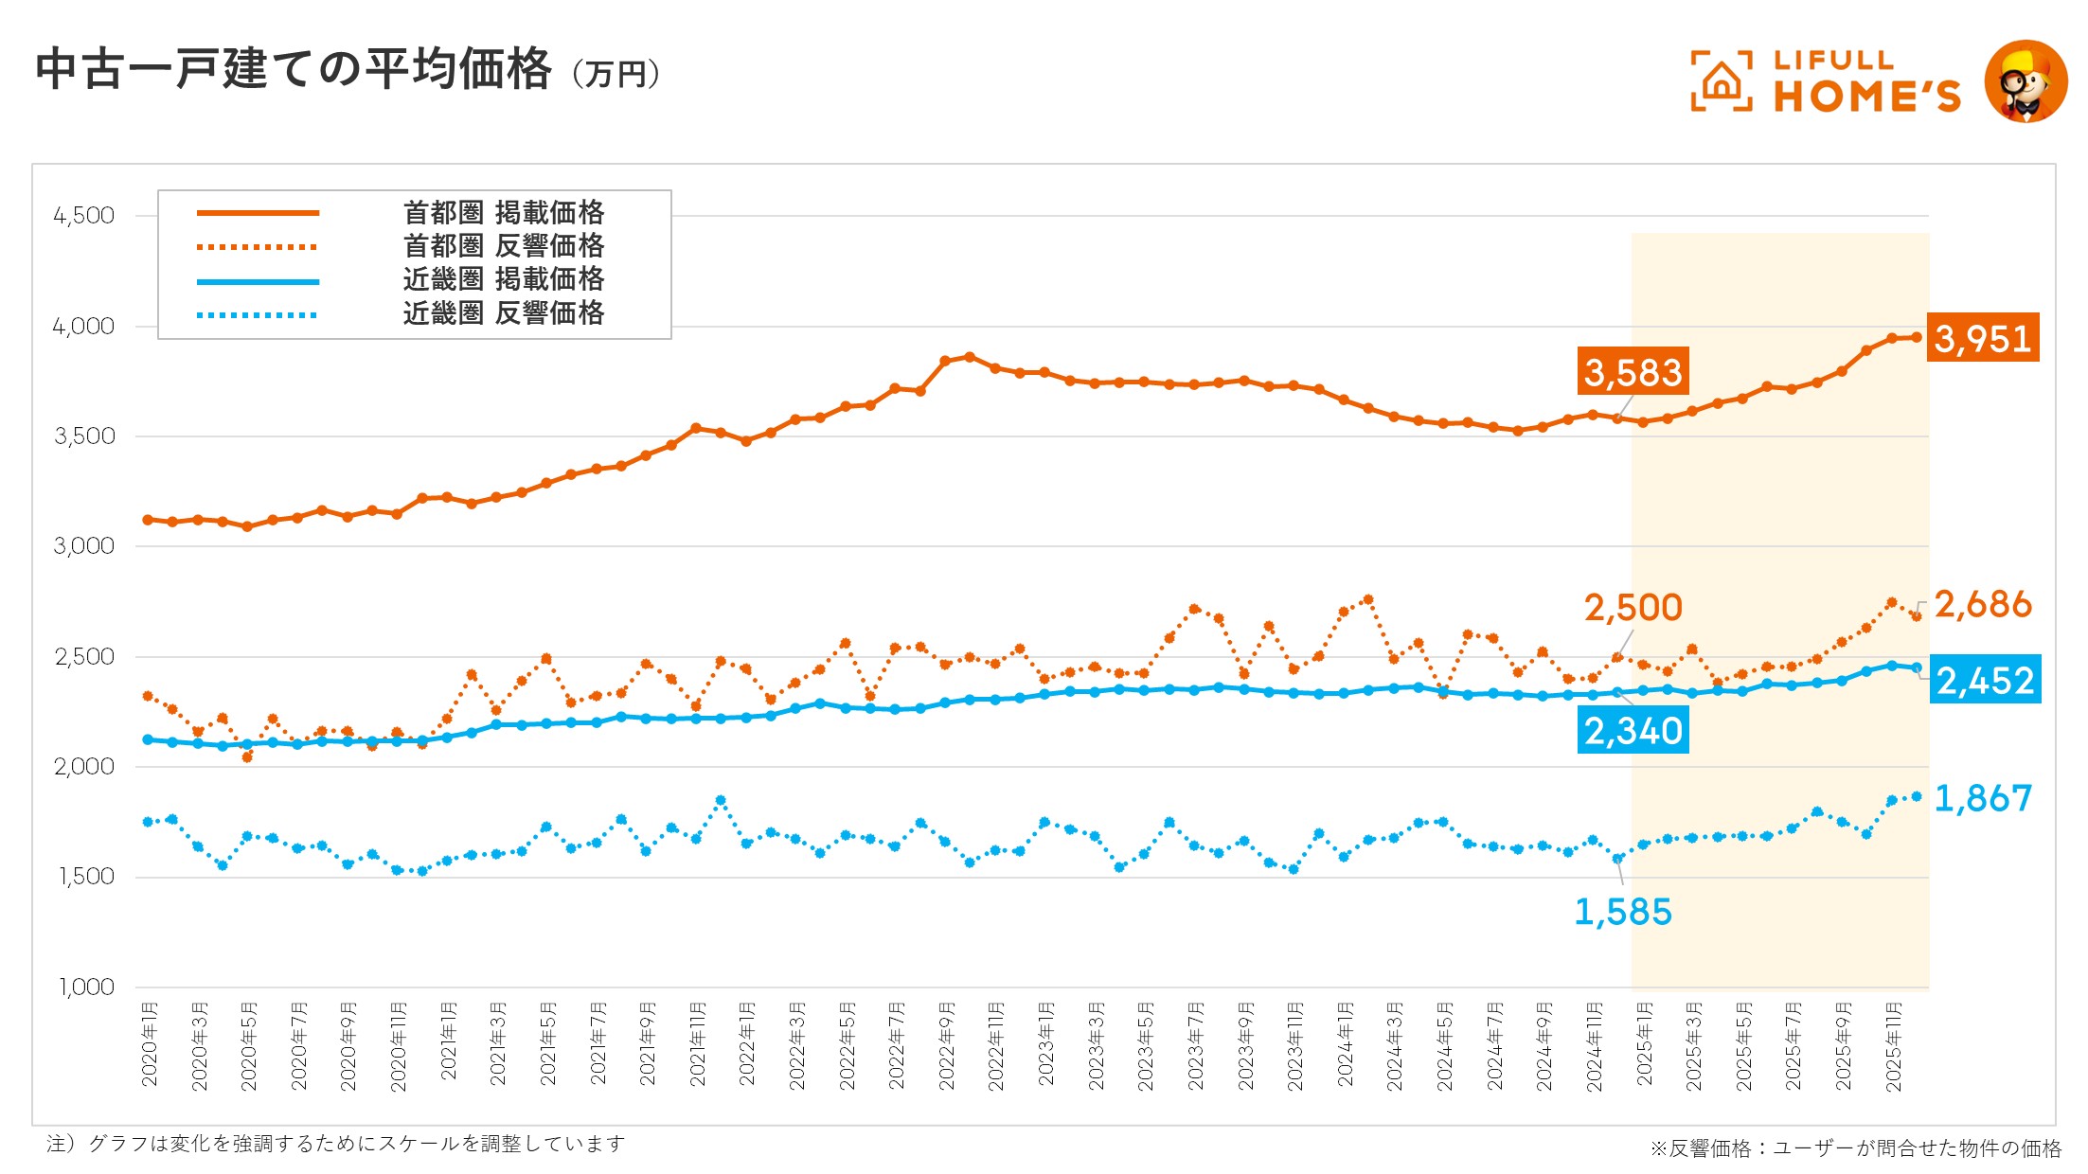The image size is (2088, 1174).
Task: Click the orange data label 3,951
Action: (1983, 338)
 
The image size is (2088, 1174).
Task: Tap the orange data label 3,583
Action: (1633, 372)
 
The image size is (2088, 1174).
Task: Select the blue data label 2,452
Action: (1985, 680)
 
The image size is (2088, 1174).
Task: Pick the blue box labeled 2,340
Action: (1633, 730)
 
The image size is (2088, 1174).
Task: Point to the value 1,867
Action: (1982, 798)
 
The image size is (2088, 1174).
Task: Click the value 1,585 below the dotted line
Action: (1622, 912)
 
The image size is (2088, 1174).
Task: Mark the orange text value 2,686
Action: (1982, 604)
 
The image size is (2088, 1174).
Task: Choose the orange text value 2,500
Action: (1633, 607)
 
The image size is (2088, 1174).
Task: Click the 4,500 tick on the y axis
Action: (84, 216)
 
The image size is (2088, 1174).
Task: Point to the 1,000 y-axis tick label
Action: (86, 987)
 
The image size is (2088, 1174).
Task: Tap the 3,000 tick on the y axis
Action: (84, 546)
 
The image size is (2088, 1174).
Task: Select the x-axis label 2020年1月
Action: (150, 1044)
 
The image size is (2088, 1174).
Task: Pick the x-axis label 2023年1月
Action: (1045, 1044)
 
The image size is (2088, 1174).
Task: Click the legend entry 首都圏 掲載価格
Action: (503, 213)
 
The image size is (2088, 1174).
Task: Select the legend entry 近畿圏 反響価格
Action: (503, 313)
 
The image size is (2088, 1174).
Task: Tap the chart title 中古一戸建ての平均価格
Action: (294, 69)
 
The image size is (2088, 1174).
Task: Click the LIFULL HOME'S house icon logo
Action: (1721, 82)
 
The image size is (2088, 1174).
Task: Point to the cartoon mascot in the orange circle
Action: (2026, 81)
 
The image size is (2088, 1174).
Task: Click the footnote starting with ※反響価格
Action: (1855, 1147)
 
